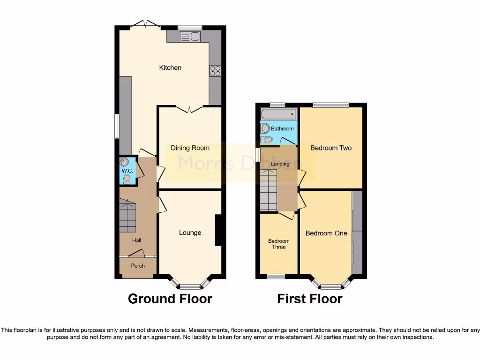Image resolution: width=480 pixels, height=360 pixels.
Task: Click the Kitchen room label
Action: [x=170, y=68]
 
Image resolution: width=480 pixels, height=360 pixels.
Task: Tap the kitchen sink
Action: [x=190, y=36]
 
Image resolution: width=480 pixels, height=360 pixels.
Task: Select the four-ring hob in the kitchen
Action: [x=215, y=71]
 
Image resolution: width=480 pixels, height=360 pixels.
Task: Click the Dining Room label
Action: [x=190, y=148]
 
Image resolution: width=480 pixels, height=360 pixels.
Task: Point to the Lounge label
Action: [x=190, y=232]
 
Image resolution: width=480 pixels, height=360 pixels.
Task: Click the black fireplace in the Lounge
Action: [x=218, y=230]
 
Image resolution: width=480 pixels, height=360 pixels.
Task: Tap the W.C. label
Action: [x=127, y=171]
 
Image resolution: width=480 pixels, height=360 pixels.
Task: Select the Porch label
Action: [x=138, y=266]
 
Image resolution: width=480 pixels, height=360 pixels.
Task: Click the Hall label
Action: [x=136, y=240]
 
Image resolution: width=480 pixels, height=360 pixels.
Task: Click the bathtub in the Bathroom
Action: [x=279, y=114]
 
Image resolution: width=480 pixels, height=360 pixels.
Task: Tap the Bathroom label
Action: [x=282, y=128]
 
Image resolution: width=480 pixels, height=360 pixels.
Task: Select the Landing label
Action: [x=280, y=164]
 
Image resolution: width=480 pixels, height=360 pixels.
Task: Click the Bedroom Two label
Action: [x=331, y=148]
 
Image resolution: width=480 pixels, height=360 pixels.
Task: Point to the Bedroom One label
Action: [x=326, y=233]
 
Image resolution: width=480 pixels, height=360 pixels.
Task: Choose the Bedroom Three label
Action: [x=279, y=244]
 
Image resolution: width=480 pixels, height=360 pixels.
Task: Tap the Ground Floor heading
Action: [x=170, y=299]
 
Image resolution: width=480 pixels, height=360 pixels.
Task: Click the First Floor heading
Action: [x=310, y=299]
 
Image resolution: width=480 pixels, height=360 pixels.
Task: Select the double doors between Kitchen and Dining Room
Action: [x=189, y=109]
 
